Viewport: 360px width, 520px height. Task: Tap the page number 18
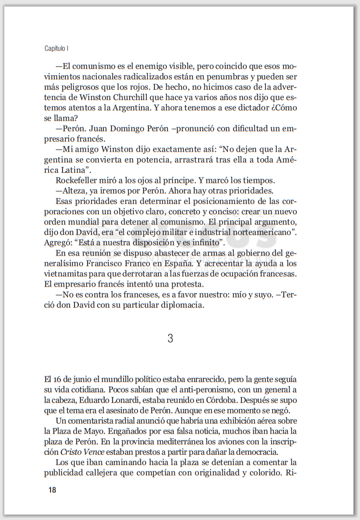coord(52,490)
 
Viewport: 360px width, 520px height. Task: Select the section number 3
coord(170,338)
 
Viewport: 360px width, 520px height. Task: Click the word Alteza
coord(76,190)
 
